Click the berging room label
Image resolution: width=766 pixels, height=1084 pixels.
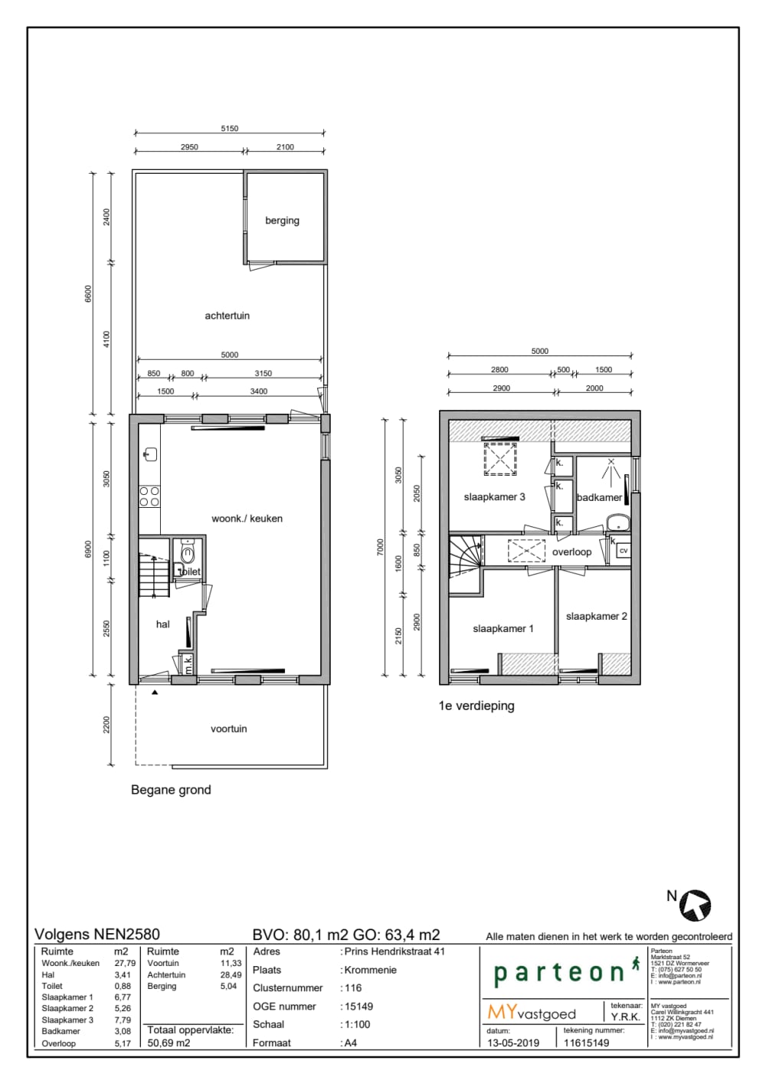pyautogui.click(x=282, y=221)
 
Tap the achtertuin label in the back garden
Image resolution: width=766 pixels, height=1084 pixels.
pyautogui.click(x=227, y=316)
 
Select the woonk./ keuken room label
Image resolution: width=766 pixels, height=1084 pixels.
pyautogui.click(x=247, y=519)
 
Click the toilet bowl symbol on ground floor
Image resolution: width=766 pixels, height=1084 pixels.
pyautogui.click(x=188, y=552)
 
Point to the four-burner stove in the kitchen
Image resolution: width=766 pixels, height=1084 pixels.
pyautogui.click(x=149, y=496)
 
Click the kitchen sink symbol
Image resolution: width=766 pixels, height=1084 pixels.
pyautogui.click(x=150, y=454)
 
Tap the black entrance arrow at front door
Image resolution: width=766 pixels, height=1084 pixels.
pyautogui.click(x=155, y=693)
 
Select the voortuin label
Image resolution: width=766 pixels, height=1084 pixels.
pyautogui.click(x=228, y=729)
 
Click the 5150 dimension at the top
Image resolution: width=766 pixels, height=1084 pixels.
pyautogui.click(x=229, y=129)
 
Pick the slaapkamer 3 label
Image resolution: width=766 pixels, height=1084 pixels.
pyautogui.click(x=494, y=497)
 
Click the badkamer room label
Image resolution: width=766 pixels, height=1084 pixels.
pyautogui.click(x=599, y=498)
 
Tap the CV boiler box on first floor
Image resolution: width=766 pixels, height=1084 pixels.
pyautogui.click(x=623, y=551)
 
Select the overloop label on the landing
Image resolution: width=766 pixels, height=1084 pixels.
pyautogui.click(x=571, y=552)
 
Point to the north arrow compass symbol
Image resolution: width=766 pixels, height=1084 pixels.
pyautogui.click(x=696, y=904)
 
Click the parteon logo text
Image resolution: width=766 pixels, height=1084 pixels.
pyautogui.click(x=559, y=973)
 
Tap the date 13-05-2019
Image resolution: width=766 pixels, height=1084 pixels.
pyautogui.click(x=513, y=1043)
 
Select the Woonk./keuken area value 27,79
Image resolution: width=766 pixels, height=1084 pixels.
pyautogui.click(x=124, y=964)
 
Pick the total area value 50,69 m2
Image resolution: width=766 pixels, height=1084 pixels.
pyautogui.click(x=169, y=1043)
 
